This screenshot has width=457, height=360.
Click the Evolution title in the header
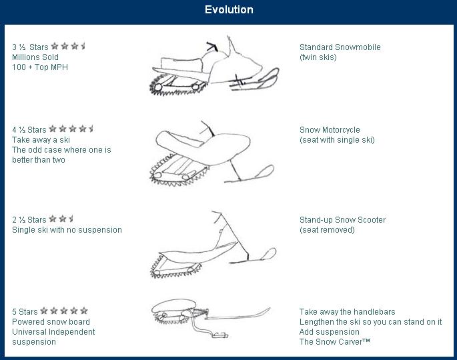229,9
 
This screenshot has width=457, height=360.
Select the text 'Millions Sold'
35,57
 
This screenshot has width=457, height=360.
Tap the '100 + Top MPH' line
40,67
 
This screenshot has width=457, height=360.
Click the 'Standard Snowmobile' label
340,47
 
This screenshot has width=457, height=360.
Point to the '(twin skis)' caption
318,57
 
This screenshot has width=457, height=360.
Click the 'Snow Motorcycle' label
330,129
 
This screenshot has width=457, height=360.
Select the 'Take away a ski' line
41,140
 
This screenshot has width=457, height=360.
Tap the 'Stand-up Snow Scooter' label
342,219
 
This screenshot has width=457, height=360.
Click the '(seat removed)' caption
327,230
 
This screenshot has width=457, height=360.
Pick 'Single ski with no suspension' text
67,230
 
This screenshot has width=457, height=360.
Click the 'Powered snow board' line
51,322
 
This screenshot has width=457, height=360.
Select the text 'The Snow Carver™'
335,341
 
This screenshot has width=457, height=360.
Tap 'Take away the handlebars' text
347,311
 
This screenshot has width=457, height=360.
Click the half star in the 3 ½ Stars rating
83,46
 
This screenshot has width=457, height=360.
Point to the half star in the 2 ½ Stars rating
71,219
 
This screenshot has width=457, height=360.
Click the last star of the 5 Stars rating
84,311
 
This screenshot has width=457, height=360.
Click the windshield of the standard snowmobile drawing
232,47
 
